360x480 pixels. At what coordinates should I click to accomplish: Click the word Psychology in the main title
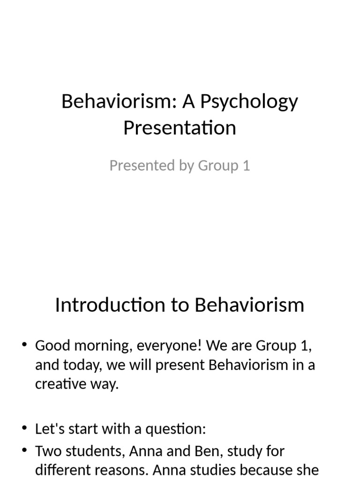coord(249,101)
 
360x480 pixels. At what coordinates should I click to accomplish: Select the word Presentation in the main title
coord(180,127)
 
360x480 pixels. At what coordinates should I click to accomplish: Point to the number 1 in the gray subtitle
coord(246,165)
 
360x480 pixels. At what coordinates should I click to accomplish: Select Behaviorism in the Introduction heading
coord(249,305)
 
